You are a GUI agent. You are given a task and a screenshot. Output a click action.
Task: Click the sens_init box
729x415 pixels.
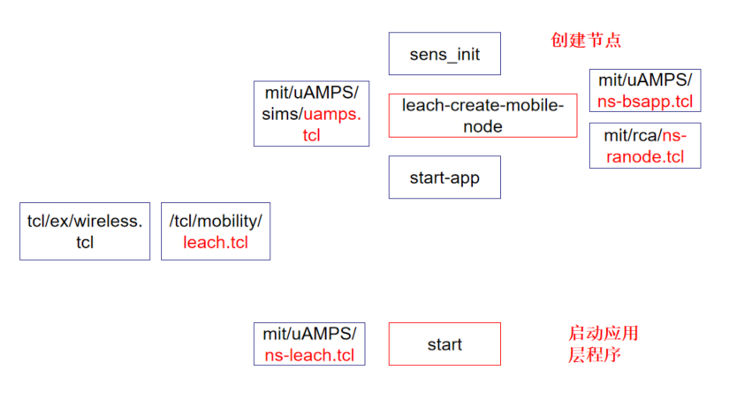click(444, 54)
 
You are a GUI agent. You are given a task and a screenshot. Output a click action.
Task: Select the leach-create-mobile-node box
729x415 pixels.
click(482, 116)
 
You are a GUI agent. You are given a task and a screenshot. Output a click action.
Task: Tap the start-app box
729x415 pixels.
click(444, 177)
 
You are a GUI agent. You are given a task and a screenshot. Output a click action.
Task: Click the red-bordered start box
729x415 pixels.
click(444, 344)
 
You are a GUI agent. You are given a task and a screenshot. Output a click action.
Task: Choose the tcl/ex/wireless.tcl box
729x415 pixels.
click(85, 231)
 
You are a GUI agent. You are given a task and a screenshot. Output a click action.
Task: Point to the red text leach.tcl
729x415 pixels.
click(216, 242)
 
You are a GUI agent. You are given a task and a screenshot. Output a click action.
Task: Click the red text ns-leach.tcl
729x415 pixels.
click(309, 356)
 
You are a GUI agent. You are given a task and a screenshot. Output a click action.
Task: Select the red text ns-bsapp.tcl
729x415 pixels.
click(644, 101)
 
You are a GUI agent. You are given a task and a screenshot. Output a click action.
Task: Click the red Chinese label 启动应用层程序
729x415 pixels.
click(602, 344)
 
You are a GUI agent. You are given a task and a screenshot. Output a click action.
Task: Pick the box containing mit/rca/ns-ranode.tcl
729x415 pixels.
click(644, 146)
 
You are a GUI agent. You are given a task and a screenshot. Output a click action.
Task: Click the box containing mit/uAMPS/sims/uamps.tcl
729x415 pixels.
click(311, 114)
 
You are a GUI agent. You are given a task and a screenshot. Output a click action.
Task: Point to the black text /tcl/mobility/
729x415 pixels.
click(216, 221)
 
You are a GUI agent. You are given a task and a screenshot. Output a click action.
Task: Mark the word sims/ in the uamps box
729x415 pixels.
click(282, 114)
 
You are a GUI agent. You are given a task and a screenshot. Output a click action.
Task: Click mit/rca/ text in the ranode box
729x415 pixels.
click(632, 135)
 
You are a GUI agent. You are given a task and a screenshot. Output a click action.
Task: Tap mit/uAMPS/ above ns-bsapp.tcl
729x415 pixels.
click(644, 80)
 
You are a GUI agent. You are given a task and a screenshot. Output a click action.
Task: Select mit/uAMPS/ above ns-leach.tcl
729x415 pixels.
click(309, 334)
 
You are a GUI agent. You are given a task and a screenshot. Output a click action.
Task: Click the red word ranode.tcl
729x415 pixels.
click(644, 157)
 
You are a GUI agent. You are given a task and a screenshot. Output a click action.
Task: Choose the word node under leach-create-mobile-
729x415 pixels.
click(482, 126)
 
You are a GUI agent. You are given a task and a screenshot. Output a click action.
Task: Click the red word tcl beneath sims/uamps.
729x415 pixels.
click(311, 135)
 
